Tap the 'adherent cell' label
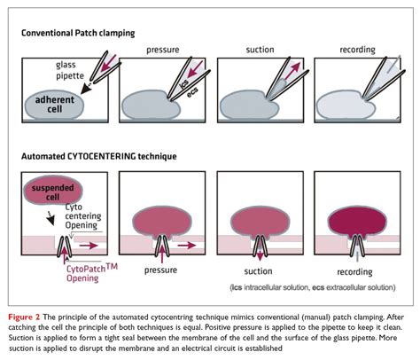click(x=56, y=106)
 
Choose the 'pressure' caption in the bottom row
click(x=161, y=265)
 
